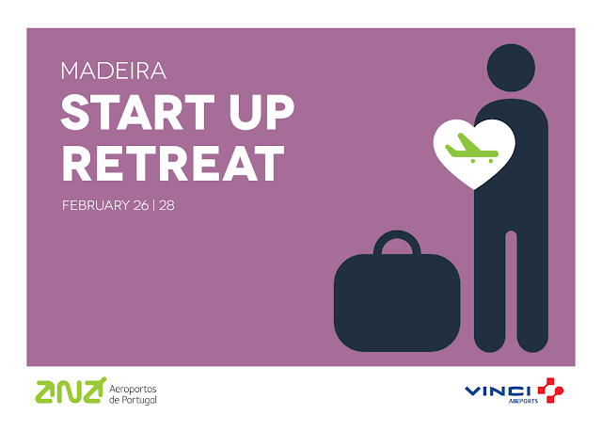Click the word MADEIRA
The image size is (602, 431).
[x=114, y=71]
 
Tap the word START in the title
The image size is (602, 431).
[x=137, y=112]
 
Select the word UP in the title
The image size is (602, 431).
[x=261, y=112]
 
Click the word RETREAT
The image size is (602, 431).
[x=173, y=163]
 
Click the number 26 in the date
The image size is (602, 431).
[x=141, y=205]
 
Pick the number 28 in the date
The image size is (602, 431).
[x=166, y=205]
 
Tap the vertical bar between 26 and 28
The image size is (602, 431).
[x=153, y=205]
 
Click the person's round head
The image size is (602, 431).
[x=511, y=68]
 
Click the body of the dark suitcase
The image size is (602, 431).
[x=397, y=303]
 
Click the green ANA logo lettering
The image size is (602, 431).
[x=71, y=391]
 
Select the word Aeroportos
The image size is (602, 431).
[x=133, y=389]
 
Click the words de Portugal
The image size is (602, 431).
[x=133, y=400]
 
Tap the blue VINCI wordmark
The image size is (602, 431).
[x=498, y=391]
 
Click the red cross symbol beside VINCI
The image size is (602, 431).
[x=550, y=391]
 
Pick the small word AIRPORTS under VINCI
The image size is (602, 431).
[x=523, y=401]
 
